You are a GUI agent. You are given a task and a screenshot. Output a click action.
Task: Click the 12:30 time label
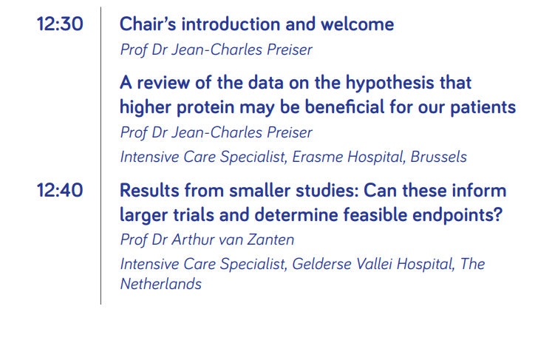coord(60,24)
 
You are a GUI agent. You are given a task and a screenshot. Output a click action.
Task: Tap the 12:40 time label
coord(60,191)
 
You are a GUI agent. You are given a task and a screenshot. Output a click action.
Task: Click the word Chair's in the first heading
coord(148,24)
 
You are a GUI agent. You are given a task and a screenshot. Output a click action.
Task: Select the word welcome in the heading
coord(358,24)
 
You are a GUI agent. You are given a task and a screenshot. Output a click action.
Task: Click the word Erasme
coord(318,157)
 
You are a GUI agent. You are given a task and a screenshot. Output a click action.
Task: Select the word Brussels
coord(439,157)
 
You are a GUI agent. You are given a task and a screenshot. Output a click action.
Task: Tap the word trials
coord(194,215)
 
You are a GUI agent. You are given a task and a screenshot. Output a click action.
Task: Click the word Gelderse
coord(321,264)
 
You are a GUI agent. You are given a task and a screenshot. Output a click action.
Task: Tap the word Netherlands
coord(161,284)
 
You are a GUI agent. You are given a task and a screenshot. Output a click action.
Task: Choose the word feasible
coord(375,215)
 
